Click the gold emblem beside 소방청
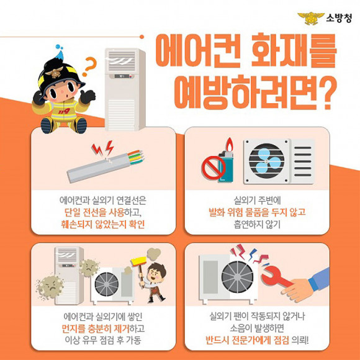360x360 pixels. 310,18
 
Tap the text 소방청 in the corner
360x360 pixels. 339,18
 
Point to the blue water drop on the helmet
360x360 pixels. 60,52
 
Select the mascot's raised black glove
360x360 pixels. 88,96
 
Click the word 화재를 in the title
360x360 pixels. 294,50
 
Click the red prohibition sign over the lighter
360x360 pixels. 214,168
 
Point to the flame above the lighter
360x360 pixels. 229,144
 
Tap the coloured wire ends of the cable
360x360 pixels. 136,157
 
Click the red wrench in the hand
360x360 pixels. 276,277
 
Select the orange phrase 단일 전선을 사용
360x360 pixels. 94,212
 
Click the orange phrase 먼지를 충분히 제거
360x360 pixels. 96,328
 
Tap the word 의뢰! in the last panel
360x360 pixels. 300,340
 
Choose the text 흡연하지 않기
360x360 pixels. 257,224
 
